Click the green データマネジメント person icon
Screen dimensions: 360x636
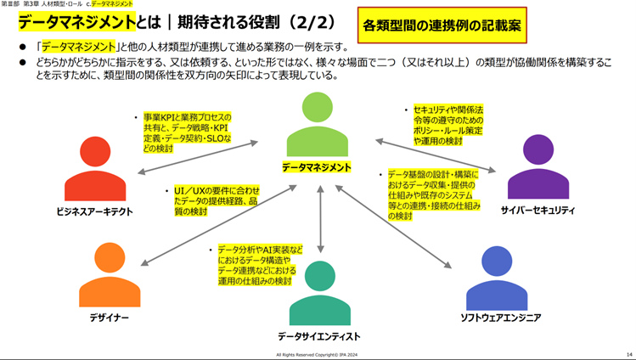316,125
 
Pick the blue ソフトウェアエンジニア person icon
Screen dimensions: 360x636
502,278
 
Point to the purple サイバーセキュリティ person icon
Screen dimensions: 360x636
538,167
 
